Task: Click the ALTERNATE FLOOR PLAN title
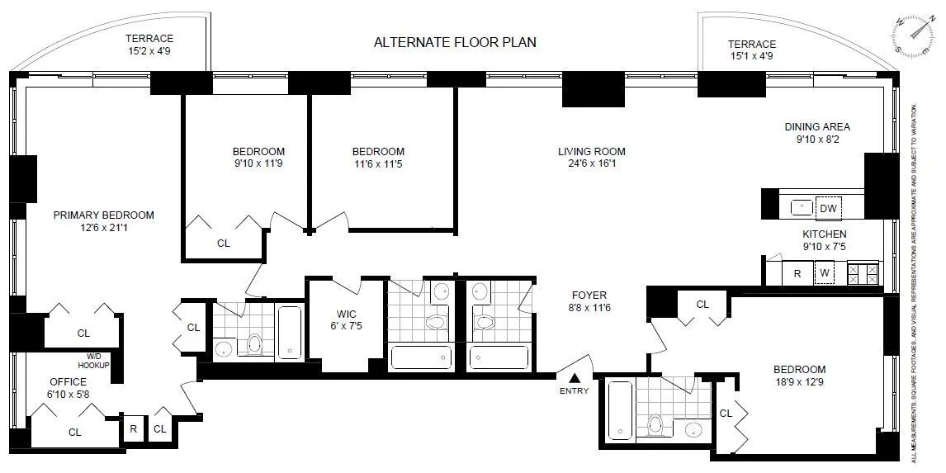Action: tap(455, 42)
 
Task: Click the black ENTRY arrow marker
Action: tap(575, 377)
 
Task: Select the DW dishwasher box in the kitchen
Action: tap(828, 208)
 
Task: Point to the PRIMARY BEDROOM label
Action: tap(104, 215)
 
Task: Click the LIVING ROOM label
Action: tap(591, 151)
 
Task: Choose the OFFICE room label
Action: tap(68, 382)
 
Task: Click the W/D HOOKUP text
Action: tap(93, 361)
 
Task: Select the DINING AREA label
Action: tap(816, 127)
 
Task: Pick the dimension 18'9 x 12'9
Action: tap(799, 382)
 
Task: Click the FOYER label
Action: tap(589, 295)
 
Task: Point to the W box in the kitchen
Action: tap(822, 273)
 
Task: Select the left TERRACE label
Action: tap(149, 38)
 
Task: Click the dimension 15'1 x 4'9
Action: tap(751, 56)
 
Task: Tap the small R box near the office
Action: tap(133, 428)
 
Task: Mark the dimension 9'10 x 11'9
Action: tap(258, 164)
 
